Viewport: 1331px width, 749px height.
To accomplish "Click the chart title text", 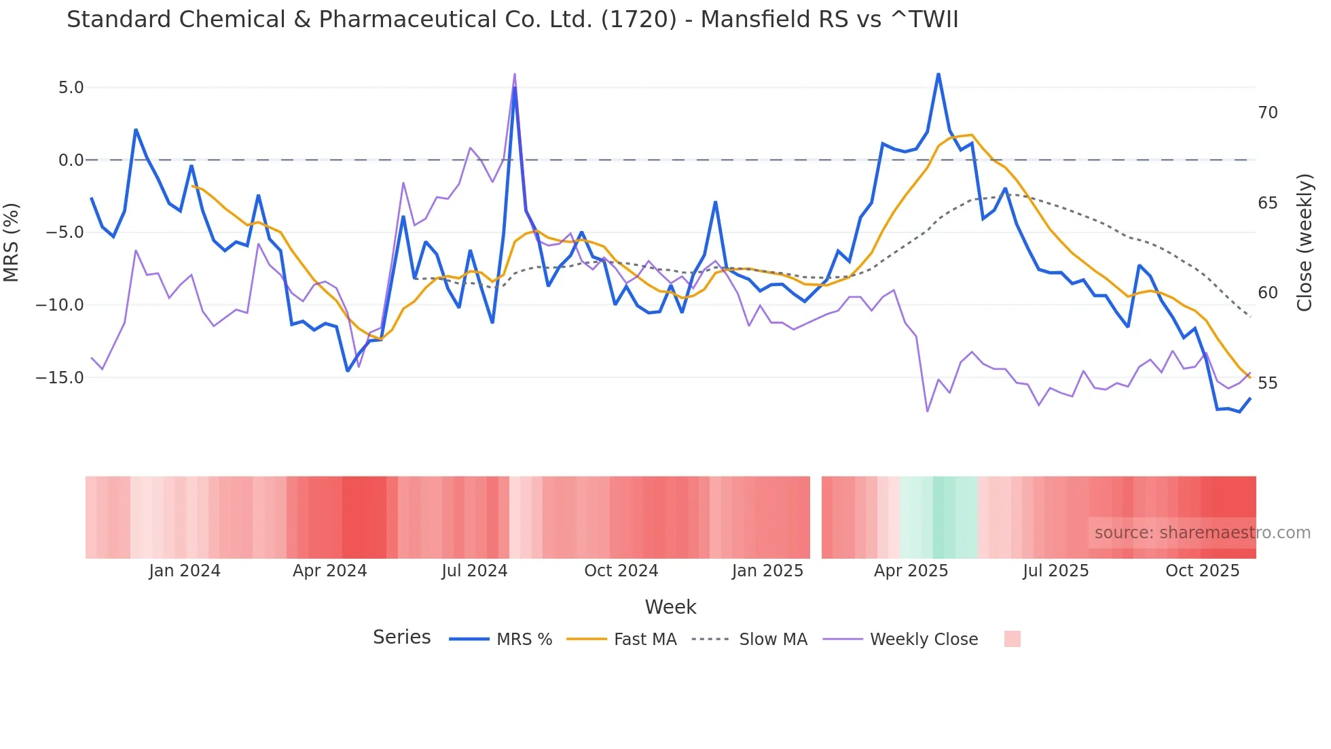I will point(512,20).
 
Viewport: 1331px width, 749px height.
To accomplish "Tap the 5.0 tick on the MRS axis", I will point(71,88).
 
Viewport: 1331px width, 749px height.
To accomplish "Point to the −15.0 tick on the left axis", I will point(60,378).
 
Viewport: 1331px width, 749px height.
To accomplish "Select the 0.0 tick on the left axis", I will point(71,160).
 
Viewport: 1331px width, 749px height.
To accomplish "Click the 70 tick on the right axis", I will point(1267,113).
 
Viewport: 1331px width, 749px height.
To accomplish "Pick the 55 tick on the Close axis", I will point(1267,383).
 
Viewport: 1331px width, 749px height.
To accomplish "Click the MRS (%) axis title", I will point(12,242).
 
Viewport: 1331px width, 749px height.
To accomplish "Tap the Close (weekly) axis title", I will point(1304,243).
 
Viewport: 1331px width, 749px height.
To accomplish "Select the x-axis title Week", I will point(670,607).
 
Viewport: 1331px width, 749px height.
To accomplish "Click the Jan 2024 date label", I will point(185,571).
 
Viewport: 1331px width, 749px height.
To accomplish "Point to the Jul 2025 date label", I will point(1055,571).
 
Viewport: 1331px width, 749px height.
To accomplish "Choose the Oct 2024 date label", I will point(621,571).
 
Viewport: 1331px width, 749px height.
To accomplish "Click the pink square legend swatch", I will point(1012,640).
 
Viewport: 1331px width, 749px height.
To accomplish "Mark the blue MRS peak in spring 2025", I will point(938,74).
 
